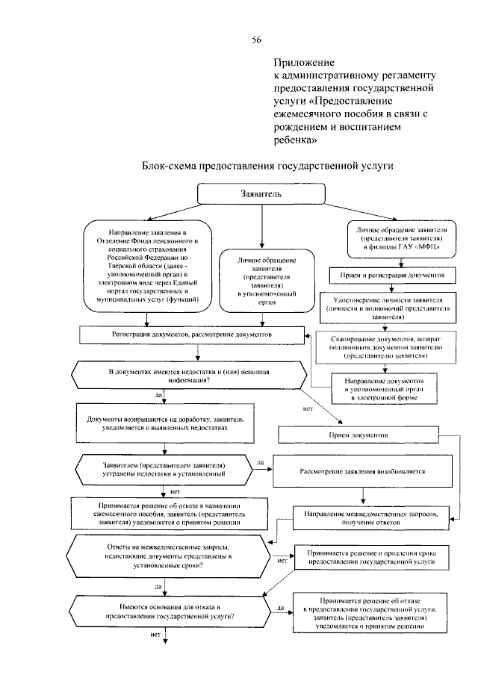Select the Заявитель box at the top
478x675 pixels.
pyautogui.click(x=261, y=193)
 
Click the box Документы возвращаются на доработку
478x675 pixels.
pyautogui.click(x=162, y=423)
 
